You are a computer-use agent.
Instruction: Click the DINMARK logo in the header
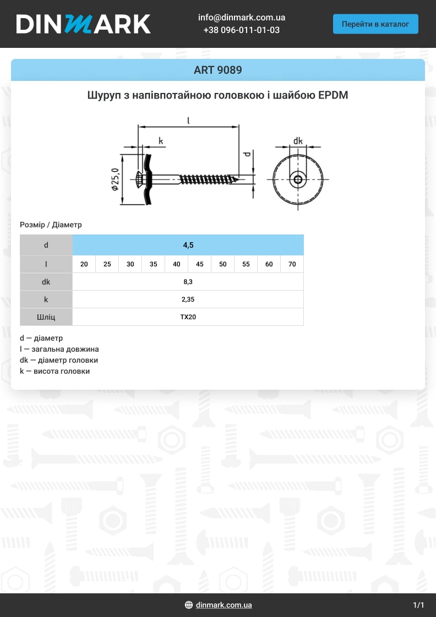83,24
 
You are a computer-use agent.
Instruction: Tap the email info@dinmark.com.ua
242,18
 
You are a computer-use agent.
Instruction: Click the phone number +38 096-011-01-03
242,30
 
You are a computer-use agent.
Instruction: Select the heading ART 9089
218,70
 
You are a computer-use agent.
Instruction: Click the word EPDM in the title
333,95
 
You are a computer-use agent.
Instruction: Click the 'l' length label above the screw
188,120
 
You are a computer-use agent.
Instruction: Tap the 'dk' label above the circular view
298,141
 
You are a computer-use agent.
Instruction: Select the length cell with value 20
84,264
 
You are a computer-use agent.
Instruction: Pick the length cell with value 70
292,264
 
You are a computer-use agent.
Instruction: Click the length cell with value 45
200,264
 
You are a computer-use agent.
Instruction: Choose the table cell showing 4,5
188,245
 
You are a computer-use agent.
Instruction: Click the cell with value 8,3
188,282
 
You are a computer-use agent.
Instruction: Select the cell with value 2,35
188,299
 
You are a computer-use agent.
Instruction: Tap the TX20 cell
188,317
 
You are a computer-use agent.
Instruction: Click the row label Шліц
46,317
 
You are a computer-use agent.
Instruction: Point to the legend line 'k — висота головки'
54,372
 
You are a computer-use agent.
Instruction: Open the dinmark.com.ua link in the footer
224,605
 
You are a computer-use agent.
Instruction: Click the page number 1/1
418,605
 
